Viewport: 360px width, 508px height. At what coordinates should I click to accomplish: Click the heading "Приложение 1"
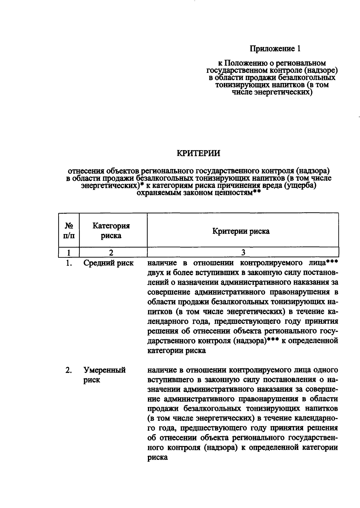click(275, 49)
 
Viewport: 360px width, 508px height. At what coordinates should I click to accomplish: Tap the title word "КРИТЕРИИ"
click(198, 153)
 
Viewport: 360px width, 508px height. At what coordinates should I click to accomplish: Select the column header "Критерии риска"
click(241, 231)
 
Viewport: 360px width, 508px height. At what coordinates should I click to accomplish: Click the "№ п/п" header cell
click(69, 230)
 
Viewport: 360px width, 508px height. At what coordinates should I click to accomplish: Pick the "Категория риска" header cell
click(111, 230)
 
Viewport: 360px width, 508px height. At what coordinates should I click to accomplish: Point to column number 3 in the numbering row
click(243, 252)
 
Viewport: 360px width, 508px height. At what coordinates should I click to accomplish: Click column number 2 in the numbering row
click(111, 252)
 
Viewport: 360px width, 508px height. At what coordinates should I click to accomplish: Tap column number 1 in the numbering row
click(69, 252)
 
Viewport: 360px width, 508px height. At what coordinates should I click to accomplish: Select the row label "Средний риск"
click(108, 263)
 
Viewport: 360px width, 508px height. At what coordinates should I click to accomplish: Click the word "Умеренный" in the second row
click(104, 370)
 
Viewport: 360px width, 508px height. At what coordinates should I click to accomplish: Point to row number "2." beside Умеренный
click(69, 370)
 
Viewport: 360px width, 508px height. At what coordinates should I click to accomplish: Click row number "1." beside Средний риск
click(69, 263)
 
